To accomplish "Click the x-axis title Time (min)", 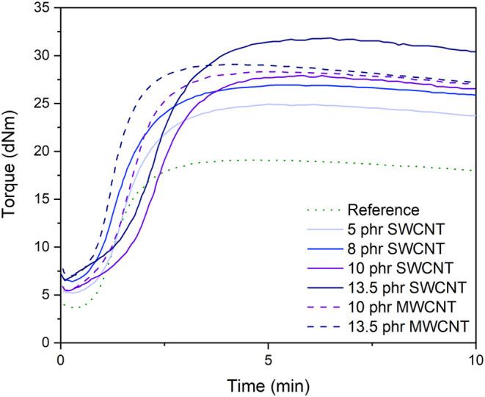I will tap(269, 384).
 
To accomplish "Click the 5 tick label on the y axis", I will tap(47, 295).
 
